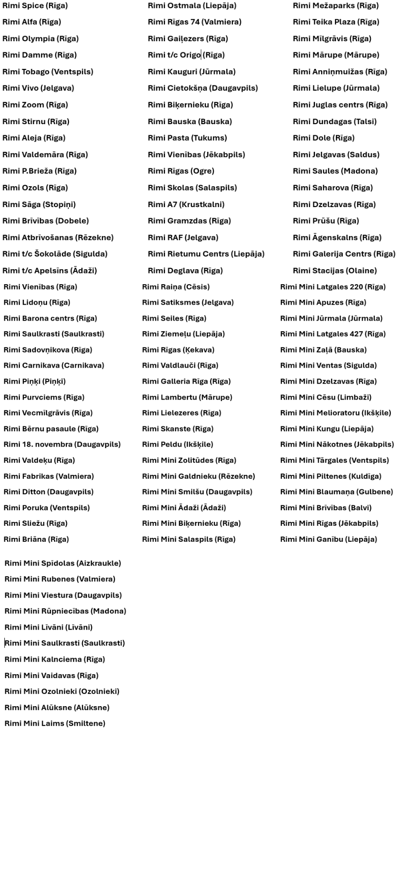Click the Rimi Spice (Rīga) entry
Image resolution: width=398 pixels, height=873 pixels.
tap(35, 6)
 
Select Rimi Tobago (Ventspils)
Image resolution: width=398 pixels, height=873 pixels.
tap(48, 72)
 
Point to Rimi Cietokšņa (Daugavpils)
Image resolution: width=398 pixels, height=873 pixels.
tap(202, 88)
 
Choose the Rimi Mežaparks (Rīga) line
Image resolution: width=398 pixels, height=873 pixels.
tap(335, 6)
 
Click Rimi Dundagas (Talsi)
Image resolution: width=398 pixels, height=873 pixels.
tap(334, 122)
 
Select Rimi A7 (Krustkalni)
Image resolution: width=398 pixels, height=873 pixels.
tap(186, 204)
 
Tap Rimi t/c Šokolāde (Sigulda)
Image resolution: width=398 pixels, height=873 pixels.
tap(55, 254)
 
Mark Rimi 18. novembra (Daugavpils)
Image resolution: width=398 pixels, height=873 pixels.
tap(62, 444)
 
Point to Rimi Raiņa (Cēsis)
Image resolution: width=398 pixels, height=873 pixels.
tap(176, 287)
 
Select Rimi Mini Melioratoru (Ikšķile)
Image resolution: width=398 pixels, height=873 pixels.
tap(335, 413)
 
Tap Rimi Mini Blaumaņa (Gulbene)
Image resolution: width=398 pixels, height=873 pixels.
tap(336, 492)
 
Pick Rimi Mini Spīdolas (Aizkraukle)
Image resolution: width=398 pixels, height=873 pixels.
tap(63, 563)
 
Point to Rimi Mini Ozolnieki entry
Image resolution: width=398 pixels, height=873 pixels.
tap(62, 691)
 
